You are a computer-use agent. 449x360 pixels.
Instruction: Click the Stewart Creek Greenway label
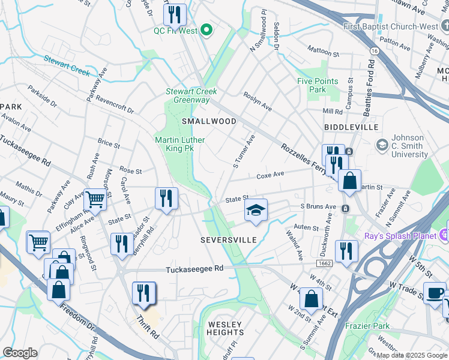[x=191, y=95]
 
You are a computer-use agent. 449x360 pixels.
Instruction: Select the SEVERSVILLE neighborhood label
[x=228, y=240]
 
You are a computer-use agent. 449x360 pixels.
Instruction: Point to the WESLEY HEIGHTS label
[x=226, y=328]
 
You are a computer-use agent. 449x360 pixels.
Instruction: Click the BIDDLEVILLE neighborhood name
[x=351, y=128]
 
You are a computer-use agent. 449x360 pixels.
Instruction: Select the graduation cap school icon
[x=256, y=211]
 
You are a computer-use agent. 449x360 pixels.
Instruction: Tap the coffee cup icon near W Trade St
[x=435, y=293]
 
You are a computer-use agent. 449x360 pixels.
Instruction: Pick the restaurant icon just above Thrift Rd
[x=143, y=293]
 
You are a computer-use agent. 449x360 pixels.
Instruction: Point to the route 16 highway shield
[x=375, y=52]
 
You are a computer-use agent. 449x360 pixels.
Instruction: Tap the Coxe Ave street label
[x=270, y=176]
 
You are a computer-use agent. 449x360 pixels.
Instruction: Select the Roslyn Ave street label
[x=258, y=101]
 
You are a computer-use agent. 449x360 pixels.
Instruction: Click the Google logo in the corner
[x=20, y=353]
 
